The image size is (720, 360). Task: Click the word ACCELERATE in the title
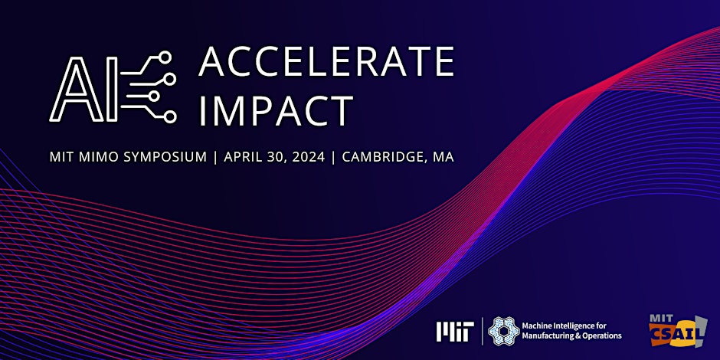click(x=326, y=63)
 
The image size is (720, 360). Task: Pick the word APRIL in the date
click(x=246, y=157)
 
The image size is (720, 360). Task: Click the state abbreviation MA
click(x=443, y=157)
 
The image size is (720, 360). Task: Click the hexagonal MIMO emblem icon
click(x=502, y=330)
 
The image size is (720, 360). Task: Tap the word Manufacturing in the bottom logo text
click(x=550, y=336)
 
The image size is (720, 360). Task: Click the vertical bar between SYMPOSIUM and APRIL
click(x=216, y=157)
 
